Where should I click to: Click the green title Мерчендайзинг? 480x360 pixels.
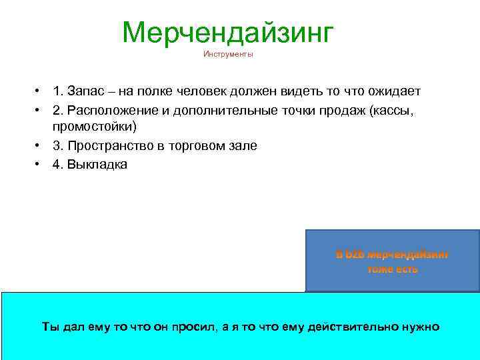[226, 33]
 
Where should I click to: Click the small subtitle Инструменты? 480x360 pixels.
[228, 55]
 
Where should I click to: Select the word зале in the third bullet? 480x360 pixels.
[242, 145]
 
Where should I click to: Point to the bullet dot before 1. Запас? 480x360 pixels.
[41, 91]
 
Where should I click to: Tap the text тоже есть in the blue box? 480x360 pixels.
[393, 269]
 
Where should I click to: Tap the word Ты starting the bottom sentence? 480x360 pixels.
[50, 327]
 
